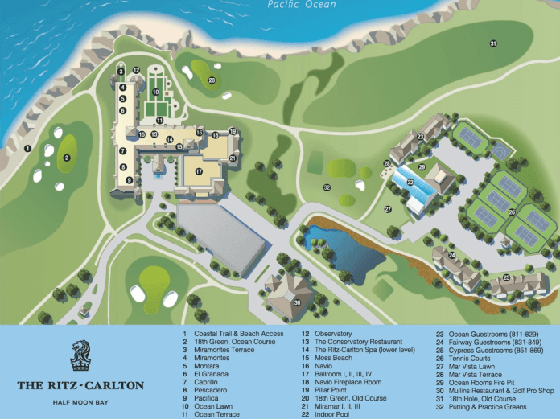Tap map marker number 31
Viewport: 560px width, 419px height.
click(492, 43)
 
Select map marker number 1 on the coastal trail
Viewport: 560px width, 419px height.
click(27, 147)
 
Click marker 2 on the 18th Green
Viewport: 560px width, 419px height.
click(68, 158)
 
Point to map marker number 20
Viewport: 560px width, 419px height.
click(212, 80)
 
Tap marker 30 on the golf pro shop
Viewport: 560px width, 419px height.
click(297, 302)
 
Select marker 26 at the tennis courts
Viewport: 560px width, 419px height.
click(512, 212)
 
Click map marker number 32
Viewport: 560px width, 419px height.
click(327, 187)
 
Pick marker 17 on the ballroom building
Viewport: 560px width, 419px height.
click(198, 171)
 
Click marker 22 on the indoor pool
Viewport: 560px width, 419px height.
click(410, 183)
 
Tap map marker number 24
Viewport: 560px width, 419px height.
click(452, 255)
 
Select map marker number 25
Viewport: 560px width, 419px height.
click(506, 277)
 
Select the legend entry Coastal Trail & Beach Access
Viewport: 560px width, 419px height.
click(234, 333)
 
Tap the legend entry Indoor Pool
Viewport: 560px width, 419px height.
click(331, 406)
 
